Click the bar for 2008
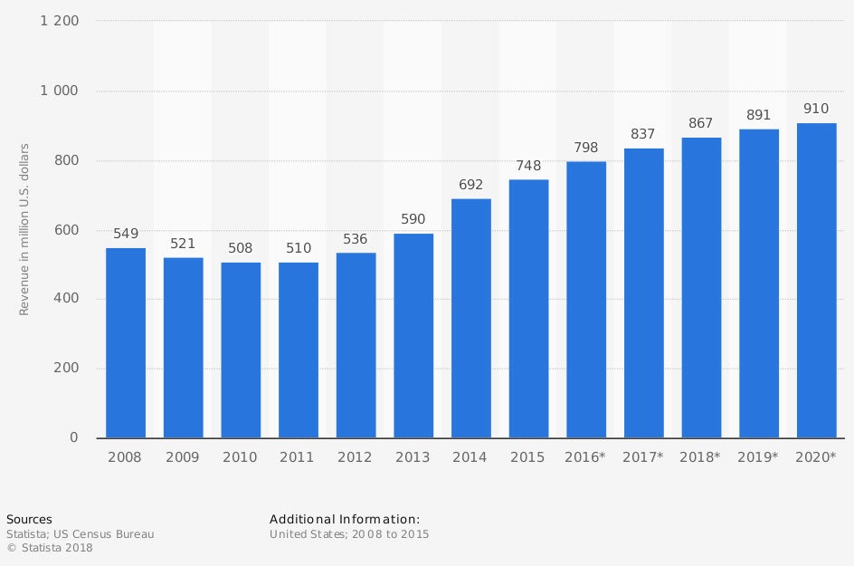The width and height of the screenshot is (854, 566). tap(126, 343)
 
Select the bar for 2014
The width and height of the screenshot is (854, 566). tap(471, 319)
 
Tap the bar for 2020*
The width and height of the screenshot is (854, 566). tap(816, 281)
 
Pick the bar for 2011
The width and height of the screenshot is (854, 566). tap(299, 350)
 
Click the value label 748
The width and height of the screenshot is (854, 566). tap(528, 167)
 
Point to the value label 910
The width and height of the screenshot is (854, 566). tap(816, 110)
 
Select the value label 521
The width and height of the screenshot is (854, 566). tap(183, 245)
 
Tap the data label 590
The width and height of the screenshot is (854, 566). tap(413, 220)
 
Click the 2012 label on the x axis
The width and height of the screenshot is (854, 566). tap(356, 457)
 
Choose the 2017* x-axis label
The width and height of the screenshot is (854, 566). tap(643, 457)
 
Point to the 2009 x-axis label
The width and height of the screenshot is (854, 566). tap(183, 457)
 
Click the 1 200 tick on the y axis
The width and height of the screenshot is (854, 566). tap(60, 21)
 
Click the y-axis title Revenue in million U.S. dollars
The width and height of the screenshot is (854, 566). tap(24, 229)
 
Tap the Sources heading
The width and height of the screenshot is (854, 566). tap(29, 519)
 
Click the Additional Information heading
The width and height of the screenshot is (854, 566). tap(345, 519)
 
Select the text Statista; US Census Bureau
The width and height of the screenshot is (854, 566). tap(80, 534)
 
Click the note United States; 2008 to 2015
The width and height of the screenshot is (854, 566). tap(349, 534)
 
